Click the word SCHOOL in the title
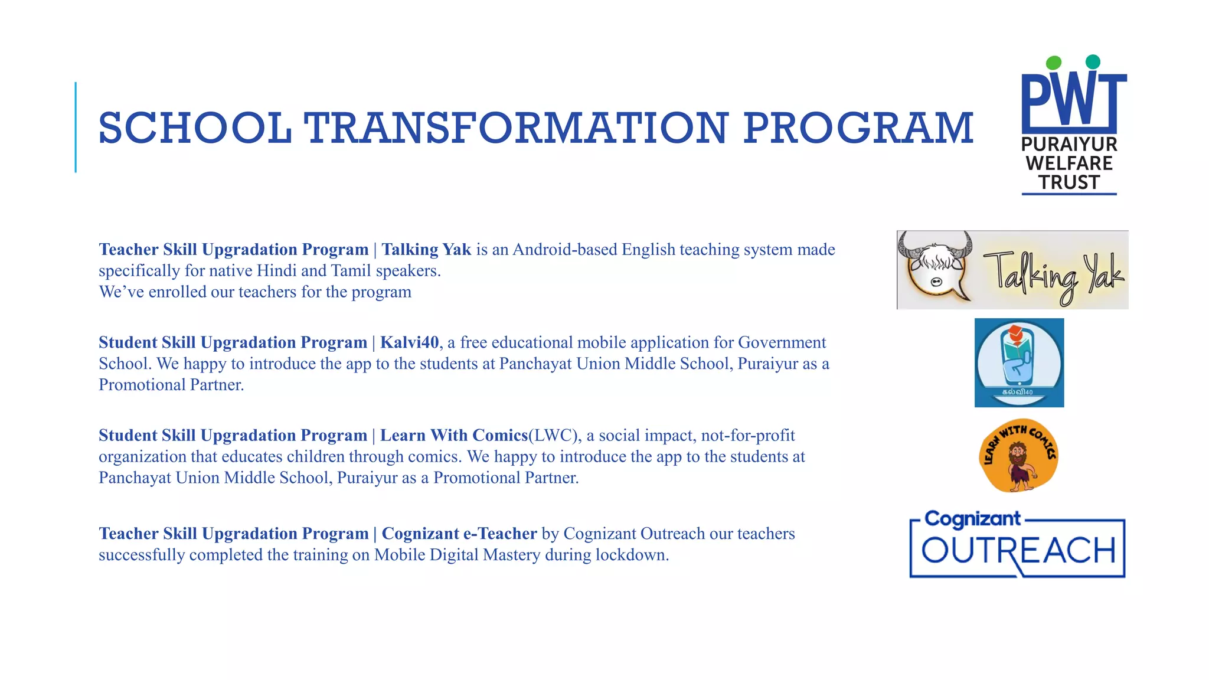tap(195, 128)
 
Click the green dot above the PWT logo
tap(1054, 63)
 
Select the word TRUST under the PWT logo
tap(1069, 182)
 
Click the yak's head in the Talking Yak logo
tap(936, 269)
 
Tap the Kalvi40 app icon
tap(1019, 362)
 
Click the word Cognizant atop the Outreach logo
tap(972, 519)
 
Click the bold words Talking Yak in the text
tap(426, 250)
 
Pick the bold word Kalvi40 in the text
tap(409, 342)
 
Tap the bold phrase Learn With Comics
tap(453, 436)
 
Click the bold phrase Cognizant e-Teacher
tap(459, 534)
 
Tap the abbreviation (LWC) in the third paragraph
tap(554, 436)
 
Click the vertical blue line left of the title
tap(76, 127)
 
